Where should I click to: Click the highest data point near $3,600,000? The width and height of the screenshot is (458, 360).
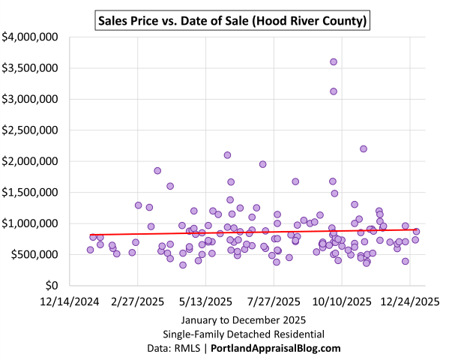tap(334, 61)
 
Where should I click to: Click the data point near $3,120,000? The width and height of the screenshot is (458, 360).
tap(334, 91)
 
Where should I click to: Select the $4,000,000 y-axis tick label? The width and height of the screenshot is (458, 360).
tap(32, 36)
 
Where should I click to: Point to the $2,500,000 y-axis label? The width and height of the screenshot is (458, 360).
tap(32, 130)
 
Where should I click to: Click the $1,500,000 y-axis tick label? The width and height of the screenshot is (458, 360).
tap(32, 192)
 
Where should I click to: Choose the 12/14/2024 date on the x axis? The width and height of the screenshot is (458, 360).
tap(70, 302)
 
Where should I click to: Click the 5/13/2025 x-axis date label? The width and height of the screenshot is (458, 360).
tap(206, 302)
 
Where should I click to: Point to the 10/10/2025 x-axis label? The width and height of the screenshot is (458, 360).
tap(342, 302)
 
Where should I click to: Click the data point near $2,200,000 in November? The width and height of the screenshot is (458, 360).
tap(364, 148)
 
